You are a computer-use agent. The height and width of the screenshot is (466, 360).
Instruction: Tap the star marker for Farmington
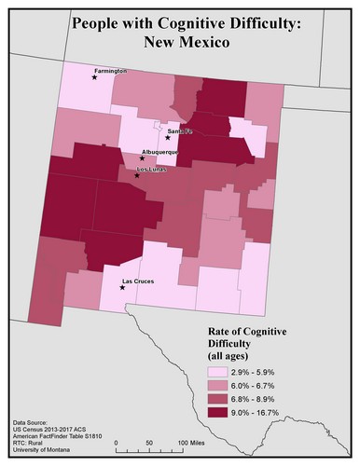click(94, 78)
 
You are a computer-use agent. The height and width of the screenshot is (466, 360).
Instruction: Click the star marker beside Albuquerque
click(142, 158)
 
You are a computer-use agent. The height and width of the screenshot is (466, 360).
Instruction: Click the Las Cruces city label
click(139, 281)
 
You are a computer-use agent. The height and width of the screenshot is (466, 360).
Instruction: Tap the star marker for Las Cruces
click(123, 288)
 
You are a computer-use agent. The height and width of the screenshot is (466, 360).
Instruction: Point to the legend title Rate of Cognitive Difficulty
click(246, 341)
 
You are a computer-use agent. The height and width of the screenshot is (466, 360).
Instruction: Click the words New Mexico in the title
click(180, 42)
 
